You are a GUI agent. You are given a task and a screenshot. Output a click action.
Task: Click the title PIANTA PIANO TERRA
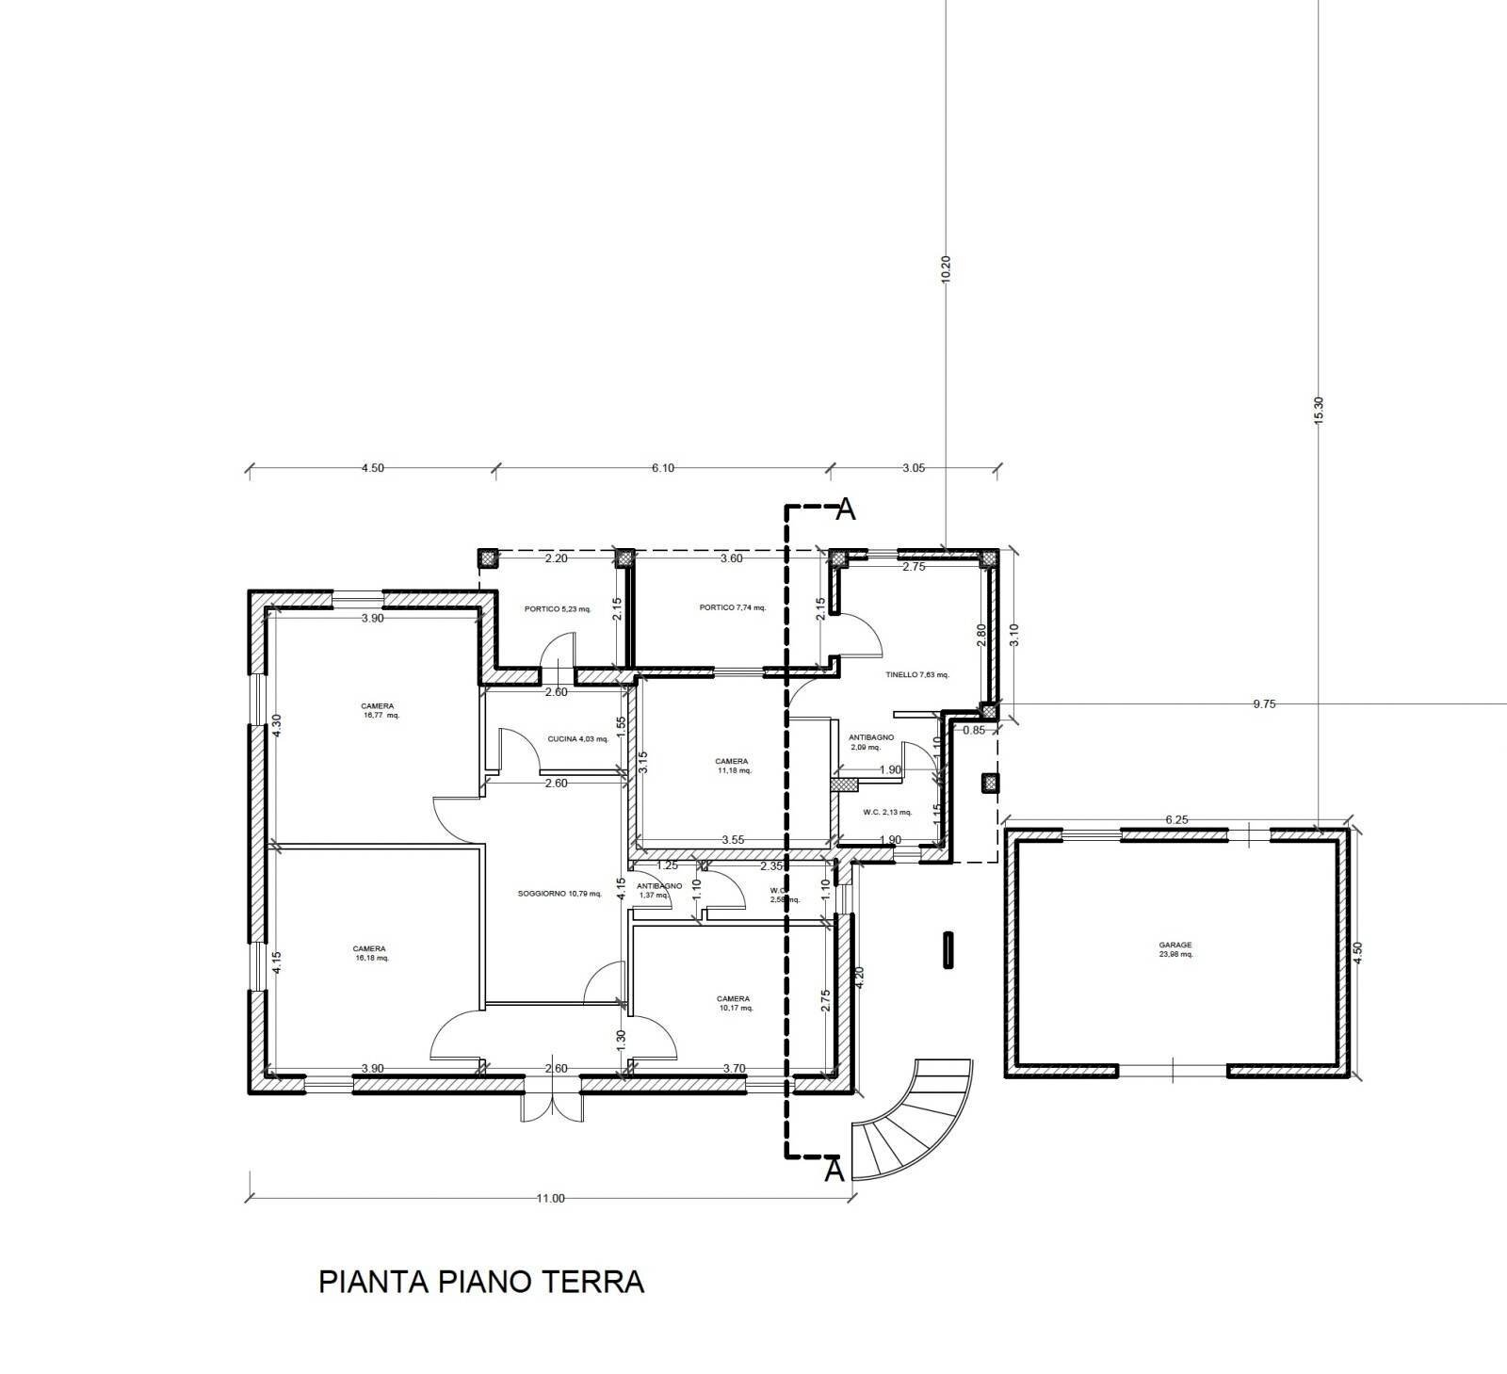tap(481, 1283)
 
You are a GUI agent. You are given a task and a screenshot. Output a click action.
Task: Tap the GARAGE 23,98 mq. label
tap(1175, 949)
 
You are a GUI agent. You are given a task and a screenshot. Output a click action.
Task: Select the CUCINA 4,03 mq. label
tap(577, 738)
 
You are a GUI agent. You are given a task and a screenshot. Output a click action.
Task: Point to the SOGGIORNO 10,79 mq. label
tap(559, 893)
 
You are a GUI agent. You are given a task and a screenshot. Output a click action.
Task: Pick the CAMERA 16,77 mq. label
tap(378, 710)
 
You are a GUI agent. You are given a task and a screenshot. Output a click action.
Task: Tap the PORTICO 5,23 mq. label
tap(558, 608)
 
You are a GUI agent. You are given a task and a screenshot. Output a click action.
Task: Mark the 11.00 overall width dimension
tap(550, 1198)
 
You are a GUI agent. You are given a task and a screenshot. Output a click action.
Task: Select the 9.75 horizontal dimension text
tap(1265, 703)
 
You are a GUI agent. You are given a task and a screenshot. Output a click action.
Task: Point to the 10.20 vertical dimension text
tap(947, 272)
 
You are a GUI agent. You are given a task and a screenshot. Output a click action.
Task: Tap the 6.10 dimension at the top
tap(662, 468)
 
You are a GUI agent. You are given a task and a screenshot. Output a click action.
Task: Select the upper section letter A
tap(846, 509)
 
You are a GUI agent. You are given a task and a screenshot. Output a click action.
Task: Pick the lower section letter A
tap(834, 1172)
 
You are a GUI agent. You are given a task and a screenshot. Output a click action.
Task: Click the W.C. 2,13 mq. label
tap(886, 812)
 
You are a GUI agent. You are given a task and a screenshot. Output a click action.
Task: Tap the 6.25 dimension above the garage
tap(1176, 819)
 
